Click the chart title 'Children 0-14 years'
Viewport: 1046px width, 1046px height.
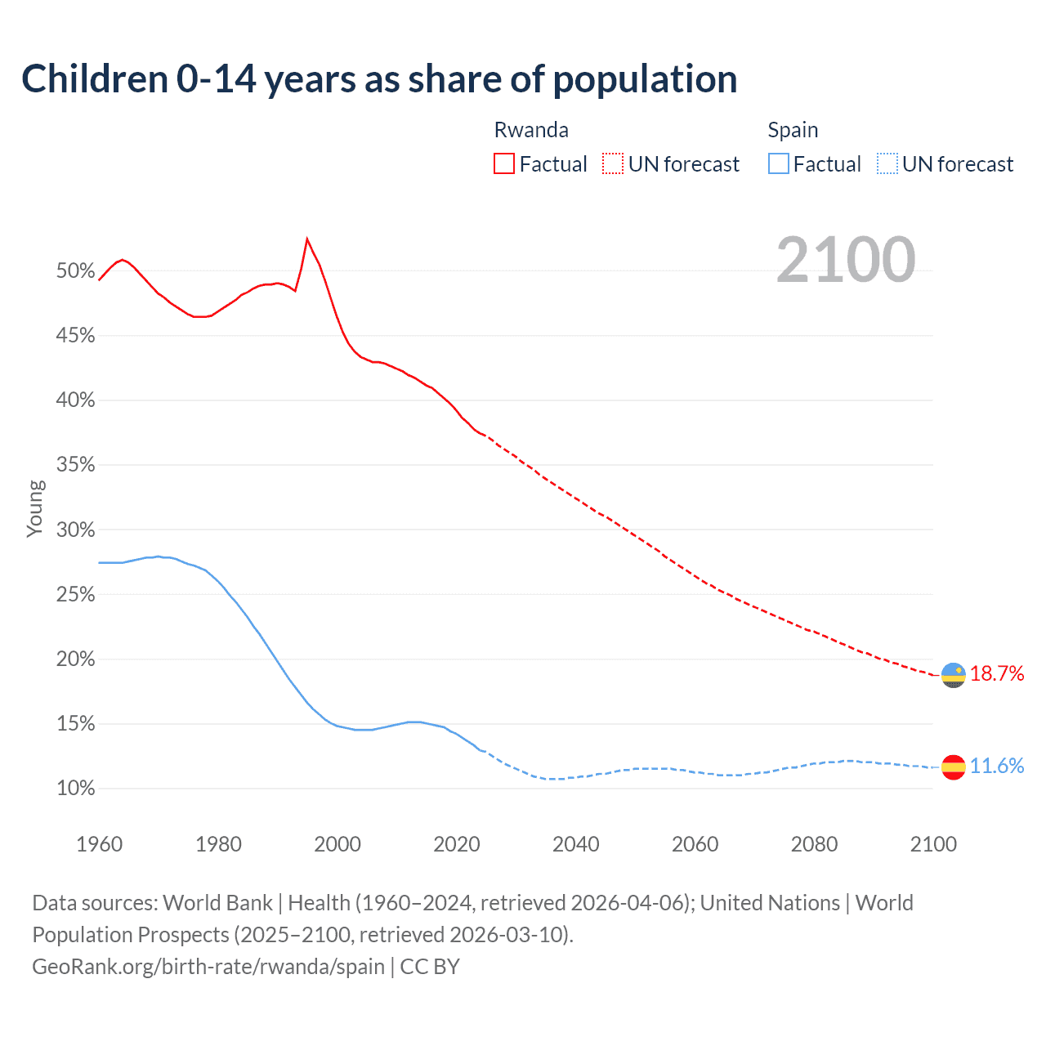pos(379,79)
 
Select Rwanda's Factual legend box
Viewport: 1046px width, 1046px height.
pos(504,164)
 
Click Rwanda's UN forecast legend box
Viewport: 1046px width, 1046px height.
pos(613,164)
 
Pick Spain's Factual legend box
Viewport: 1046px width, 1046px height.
pos(778,164)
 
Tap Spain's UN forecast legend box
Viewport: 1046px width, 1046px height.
pos(887,164)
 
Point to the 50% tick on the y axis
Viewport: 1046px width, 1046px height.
pos(75,271)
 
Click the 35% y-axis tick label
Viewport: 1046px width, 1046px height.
pos(75,465)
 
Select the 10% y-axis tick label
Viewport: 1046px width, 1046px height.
pos(75,789)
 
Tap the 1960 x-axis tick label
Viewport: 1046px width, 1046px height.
pos(99,844)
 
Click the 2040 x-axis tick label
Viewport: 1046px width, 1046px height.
pos(575,844)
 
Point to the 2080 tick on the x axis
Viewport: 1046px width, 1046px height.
pos(814,844)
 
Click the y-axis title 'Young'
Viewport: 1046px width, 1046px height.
pos(34,508)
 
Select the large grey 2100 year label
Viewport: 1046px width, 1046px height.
pos(845,260)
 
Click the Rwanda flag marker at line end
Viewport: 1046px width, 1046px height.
pos(953,675)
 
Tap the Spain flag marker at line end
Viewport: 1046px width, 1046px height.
pos(953,767)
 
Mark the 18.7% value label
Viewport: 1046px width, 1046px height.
pos(997,674)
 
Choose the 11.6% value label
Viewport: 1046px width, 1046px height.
pos(997,766)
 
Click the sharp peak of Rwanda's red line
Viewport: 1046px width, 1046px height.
pos(306,239)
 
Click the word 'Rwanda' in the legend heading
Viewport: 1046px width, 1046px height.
pos(531,130)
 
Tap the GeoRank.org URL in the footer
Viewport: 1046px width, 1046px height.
pos(208,967)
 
